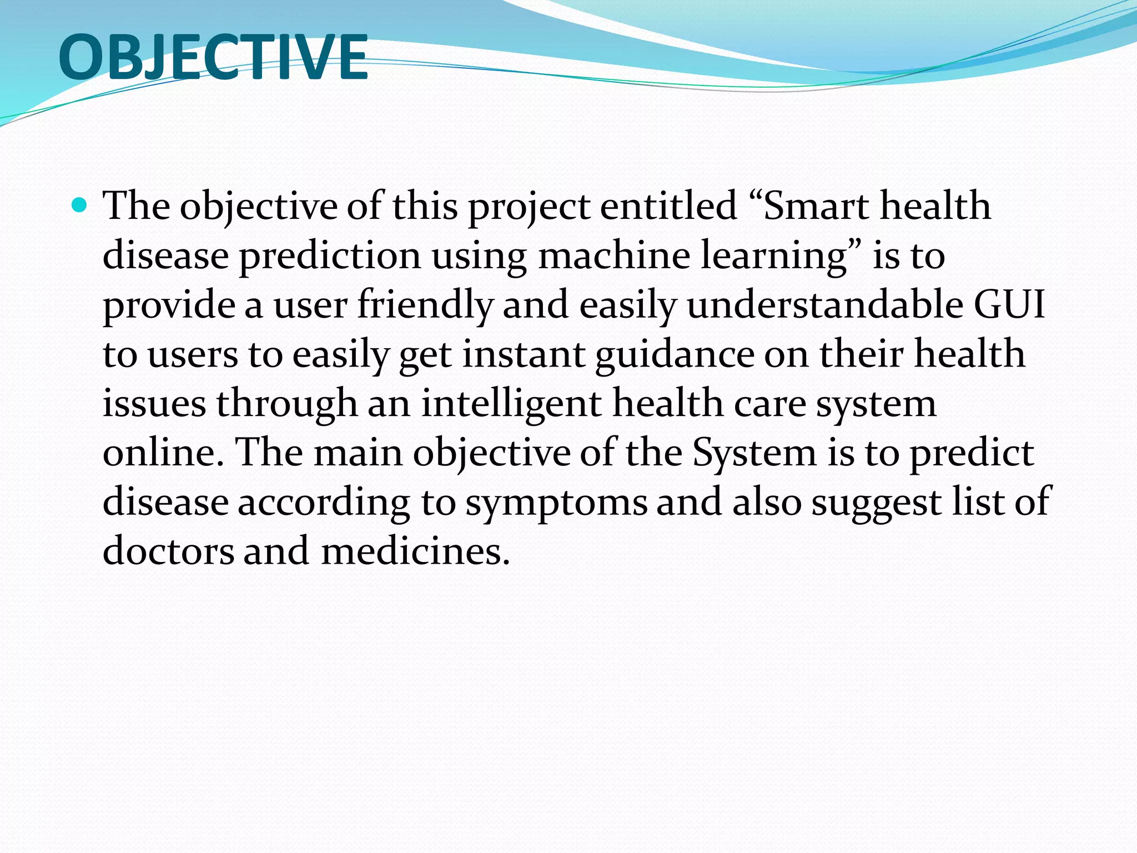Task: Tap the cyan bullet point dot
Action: coord(80,206)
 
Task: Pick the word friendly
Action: coord(425,305)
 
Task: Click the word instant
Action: coord(524,354)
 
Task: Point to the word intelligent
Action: coord(511,404)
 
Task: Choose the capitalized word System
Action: coord(754,453)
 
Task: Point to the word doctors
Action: coord(168,551)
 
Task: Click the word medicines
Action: coord(415,551)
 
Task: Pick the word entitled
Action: coord(668,206)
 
